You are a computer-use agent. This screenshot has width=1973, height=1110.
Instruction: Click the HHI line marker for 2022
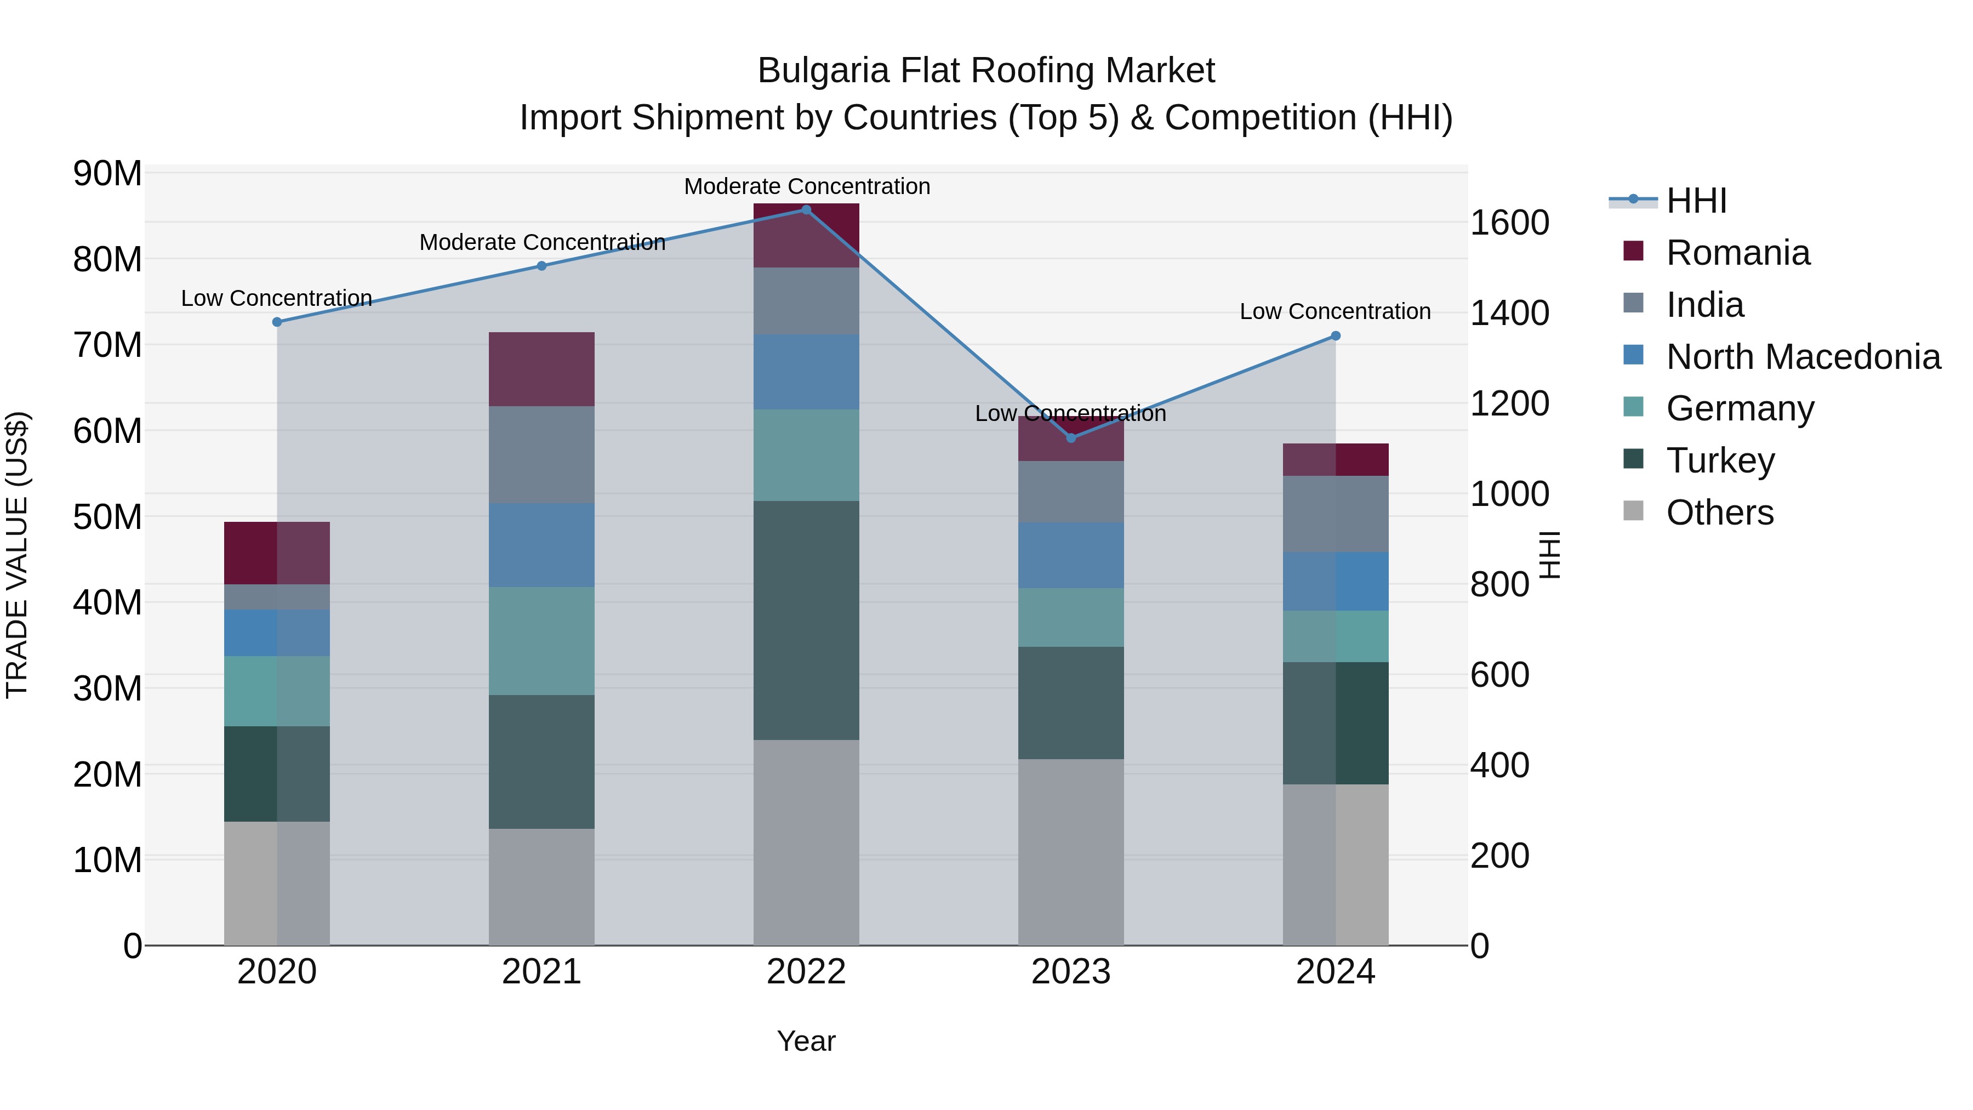click(806, 209)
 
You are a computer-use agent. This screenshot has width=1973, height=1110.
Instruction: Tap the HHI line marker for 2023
click(1071, 437)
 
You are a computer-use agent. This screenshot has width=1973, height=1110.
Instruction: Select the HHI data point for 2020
click(277, 322)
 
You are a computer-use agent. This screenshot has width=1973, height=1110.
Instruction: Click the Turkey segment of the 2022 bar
click(806, 620)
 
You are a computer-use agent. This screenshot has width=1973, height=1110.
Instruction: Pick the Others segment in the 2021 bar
click(541, 886)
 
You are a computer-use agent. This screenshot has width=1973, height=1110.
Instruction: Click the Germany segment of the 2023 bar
click(1071, 617)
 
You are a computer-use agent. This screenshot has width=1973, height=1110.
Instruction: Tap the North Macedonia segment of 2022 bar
click(806, 372)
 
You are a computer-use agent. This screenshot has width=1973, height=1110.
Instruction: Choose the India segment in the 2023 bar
click(1071, 491)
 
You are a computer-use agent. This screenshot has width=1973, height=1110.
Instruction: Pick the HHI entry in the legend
click(1696, 201)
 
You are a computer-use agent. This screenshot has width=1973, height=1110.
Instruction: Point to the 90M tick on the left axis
click(107, 174)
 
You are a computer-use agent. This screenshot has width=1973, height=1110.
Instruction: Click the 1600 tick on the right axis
click(1509, 223)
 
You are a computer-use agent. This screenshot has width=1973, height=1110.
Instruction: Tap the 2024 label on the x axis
click(1335, 972)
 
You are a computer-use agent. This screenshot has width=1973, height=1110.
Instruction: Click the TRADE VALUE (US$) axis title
click(17, 555)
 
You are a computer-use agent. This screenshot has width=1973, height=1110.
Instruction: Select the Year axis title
click(806, 1041)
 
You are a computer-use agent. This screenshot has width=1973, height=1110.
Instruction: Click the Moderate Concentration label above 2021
click(541, 242)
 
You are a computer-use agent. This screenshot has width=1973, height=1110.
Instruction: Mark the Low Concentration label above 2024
click(1335, 312)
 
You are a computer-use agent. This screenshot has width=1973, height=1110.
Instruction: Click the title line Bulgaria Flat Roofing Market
click(986, 71)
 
